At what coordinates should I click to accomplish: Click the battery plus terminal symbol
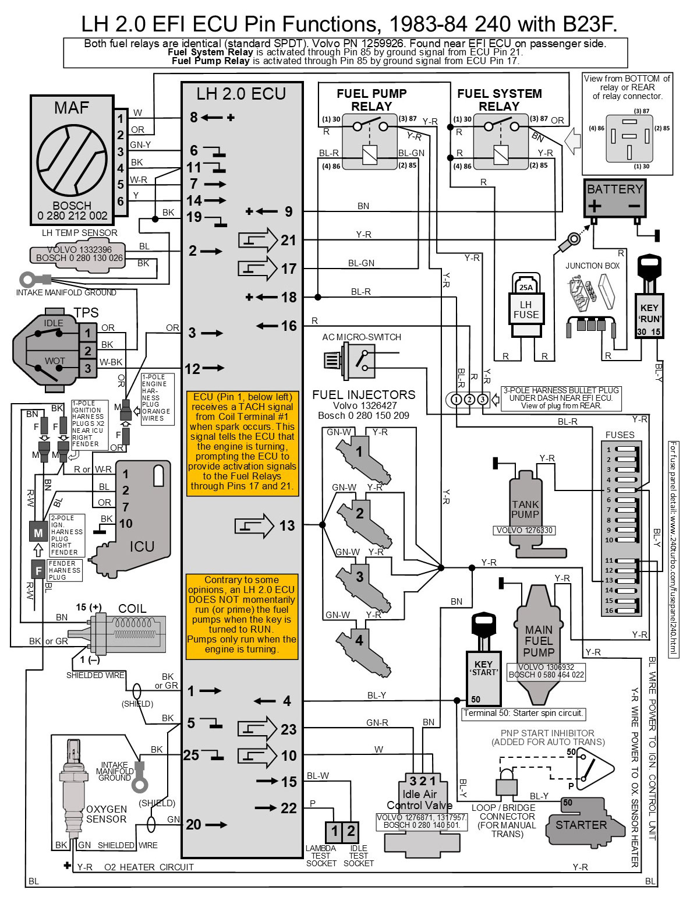click(x=594, y=206)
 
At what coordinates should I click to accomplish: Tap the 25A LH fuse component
click(x=526, y=305)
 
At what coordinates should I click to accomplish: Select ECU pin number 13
click(x=287, y=526)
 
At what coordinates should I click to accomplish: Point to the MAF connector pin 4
click(x=121, y=168)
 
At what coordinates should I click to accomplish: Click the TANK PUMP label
click(x=525, y=509)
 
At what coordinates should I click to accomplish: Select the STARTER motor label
click(x=581, y=825)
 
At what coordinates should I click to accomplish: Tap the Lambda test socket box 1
click(x=334, y=831)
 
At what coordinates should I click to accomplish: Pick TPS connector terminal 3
click(x=88, y=368)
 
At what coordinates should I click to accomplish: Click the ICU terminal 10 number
click(x=126, y=524)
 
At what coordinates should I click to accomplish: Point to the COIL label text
click(x=132, y=608)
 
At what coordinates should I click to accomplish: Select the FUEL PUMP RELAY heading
click(x=371, y=100)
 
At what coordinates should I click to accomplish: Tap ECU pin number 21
click(x=289, y=240)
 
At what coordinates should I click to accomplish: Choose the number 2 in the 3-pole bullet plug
click(x=469, y=399)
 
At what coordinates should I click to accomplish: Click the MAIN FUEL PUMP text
click(x=539, y=641)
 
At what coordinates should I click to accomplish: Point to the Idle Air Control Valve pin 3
click(x=413, y=781)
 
